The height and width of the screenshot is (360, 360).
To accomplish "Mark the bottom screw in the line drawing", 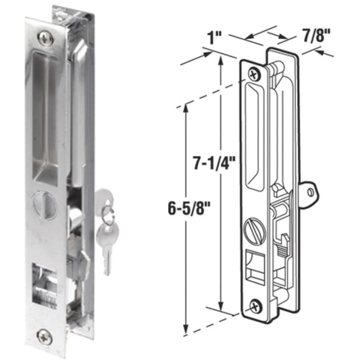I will [x=256, y=306].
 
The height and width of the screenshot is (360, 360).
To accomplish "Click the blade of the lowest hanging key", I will [x=106, y=261].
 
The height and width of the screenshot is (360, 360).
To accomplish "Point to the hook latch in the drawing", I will [x=282, y=239].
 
